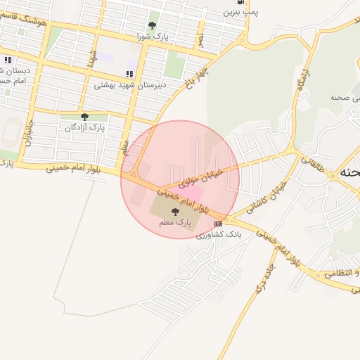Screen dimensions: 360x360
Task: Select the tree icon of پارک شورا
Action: (152, 25)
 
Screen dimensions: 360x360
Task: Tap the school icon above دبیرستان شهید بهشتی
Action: (129, 74)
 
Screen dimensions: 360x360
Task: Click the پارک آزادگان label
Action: (84, 128)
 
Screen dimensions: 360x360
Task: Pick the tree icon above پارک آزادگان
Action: (84, 117)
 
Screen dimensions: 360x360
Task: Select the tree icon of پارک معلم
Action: (175, 211)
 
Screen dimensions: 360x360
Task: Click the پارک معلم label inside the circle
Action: (175, 222)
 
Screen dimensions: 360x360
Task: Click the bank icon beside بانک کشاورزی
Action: (217, 224)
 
